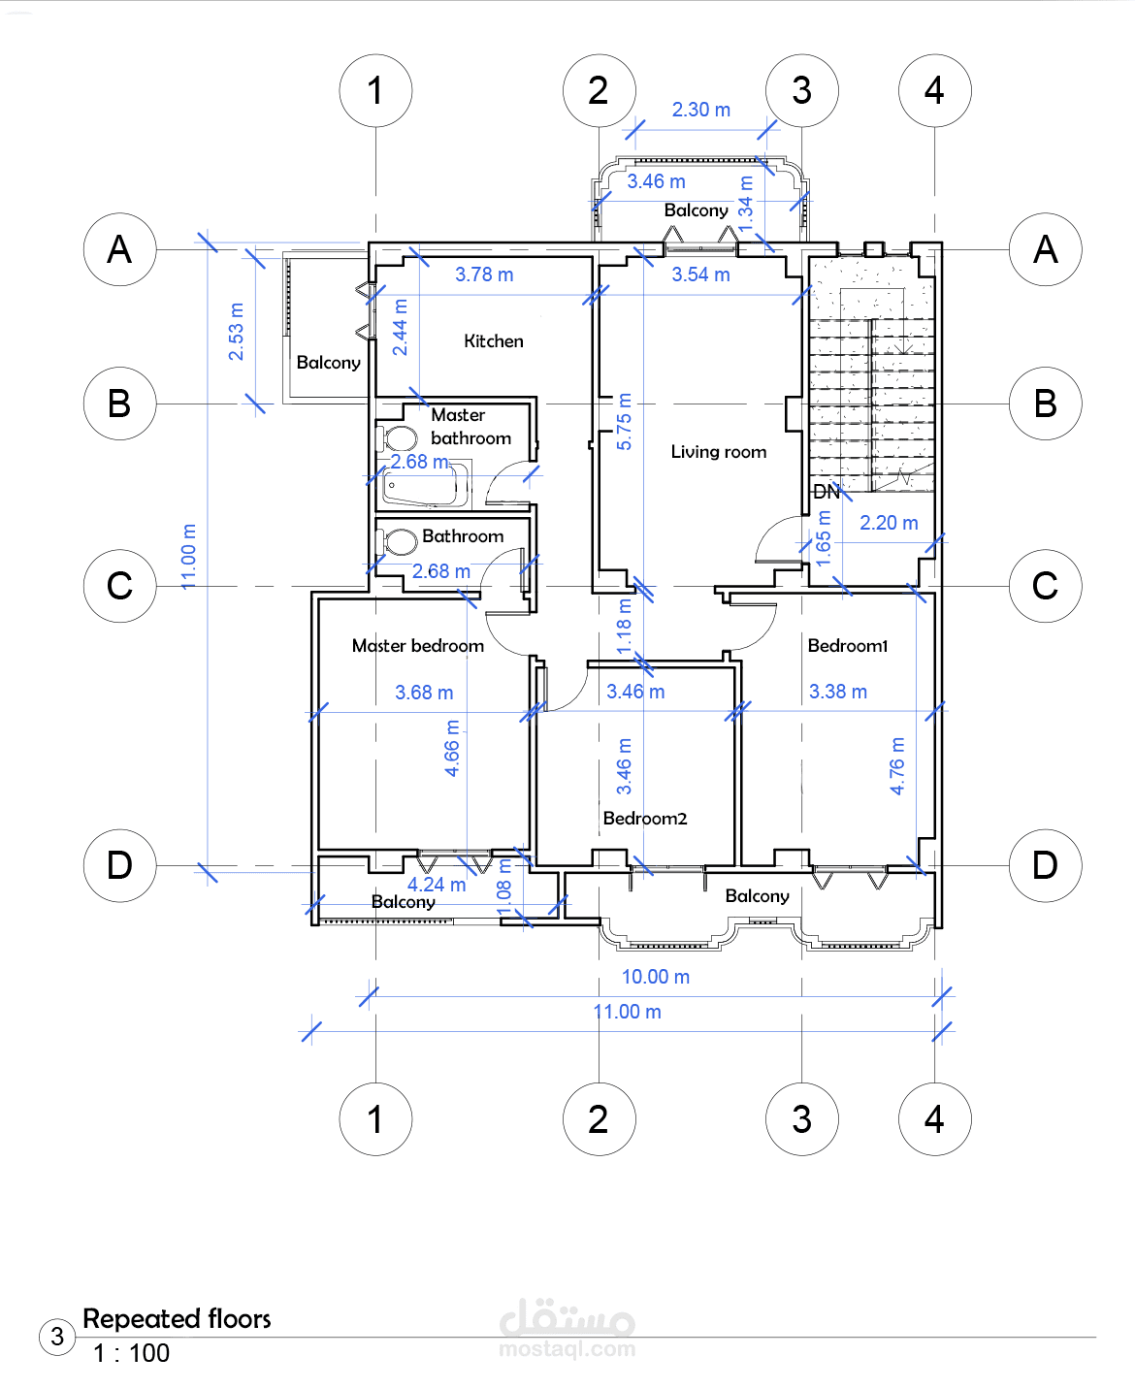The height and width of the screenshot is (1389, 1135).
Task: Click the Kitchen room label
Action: click(494, 341)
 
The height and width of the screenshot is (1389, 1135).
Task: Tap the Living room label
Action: click(719, 452)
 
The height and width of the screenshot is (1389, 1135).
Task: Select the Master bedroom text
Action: click(418, 645)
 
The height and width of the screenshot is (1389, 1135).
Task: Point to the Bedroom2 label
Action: click(645, 818)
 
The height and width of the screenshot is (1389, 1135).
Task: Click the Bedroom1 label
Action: click(848, 645)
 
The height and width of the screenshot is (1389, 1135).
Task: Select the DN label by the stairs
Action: click(827, 492)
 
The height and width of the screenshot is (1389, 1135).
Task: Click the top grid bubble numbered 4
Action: click(935, 90)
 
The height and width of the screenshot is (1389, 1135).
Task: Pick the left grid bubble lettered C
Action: click(120, 586)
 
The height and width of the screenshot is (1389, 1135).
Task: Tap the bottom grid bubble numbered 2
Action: click(599, 1119)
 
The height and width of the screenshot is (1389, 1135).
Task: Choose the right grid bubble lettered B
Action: click(1046, 404)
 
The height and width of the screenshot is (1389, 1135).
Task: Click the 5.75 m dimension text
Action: click(624, 422)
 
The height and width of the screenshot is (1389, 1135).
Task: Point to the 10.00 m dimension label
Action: click(656, 977)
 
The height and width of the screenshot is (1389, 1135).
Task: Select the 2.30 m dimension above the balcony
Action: click(701, 110)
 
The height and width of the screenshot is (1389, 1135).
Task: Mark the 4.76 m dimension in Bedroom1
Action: click(897, 766)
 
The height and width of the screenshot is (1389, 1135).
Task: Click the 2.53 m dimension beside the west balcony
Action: click(236, 332)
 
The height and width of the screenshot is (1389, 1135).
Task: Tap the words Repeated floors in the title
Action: click(177, 1318)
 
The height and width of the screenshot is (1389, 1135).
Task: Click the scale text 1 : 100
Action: click(132, 1353)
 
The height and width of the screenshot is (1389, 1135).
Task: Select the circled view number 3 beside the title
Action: click(57, 1337)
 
